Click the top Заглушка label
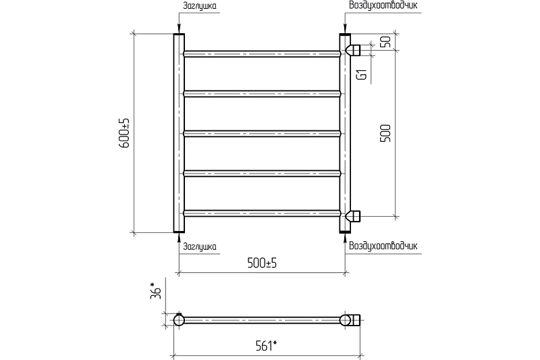[200, 6]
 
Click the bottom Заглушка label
[200, 247]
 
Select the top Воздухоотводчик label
[383, 5]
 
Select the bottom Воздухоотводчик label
[383, 246]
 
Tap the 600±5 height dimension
[124, 133]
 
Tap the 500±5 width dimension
[262, 263]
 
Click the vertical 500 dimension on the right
[385, 133]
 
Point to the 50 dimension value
[386, 42]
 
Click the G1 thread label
[362, 74]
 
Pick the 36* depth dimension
[156, 290]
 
